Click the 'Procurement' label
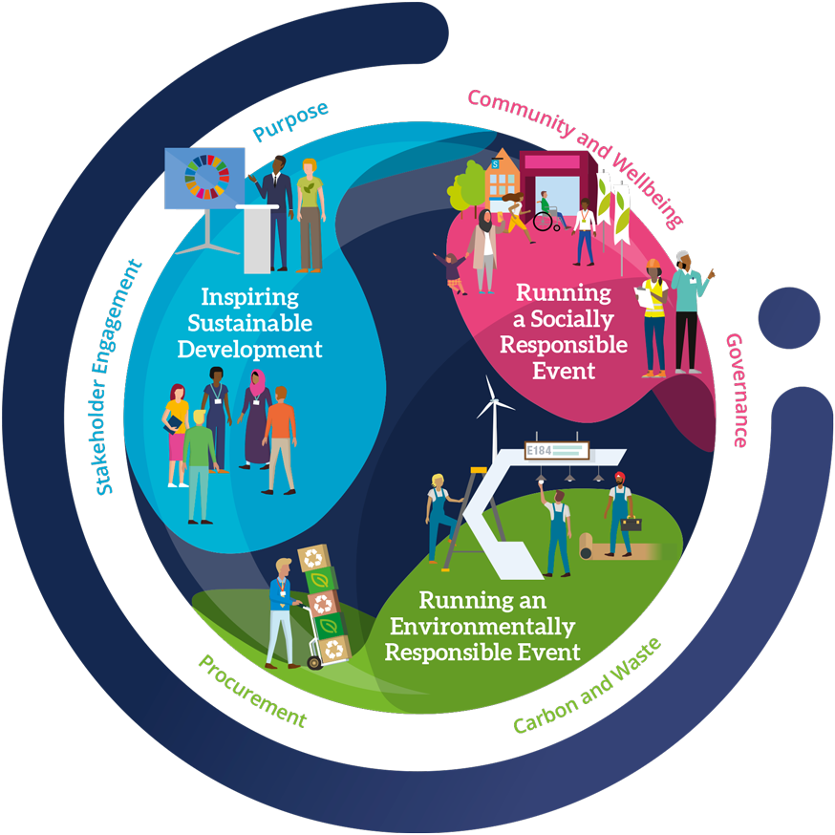click(251, 690)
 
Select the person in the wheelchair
click(544, 215)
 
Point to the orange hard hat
click(653, 265)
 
